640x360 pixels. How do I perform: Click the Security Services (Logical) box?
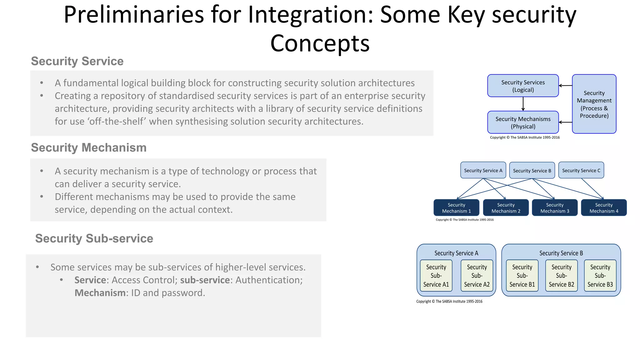523,86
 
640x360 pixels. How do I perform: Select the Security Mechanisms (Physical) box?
523,122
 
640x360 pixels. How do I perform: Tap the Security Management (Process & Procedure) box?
594,104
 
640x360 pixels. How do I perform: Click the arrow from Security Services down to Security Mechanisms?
523,104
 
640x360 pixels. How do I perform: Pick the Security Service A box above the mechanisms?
483,170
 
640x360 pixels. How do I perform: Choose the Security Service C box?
581,170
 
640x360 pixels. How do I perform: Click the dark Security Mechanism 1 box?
456,208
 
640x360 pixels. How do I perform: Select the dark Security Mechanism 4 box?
603,208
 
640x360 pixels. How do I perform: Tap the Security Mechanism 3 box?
554,208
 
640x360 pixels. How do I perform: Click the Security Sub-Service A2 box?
477,276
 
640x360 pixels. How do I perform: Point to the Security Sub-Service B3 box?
600,276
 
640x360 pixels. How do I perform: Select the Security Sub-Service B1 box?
522,276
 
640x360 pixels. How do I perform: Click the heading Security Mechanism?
89,147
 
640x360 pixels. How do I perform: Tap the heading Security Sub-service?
94,238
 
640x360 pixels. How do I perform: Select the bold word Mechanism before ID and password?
100,293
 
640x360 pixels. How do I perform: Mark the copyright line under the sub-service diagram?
449,302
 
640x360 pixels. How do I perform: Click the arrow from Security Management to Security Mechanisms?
565,122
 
